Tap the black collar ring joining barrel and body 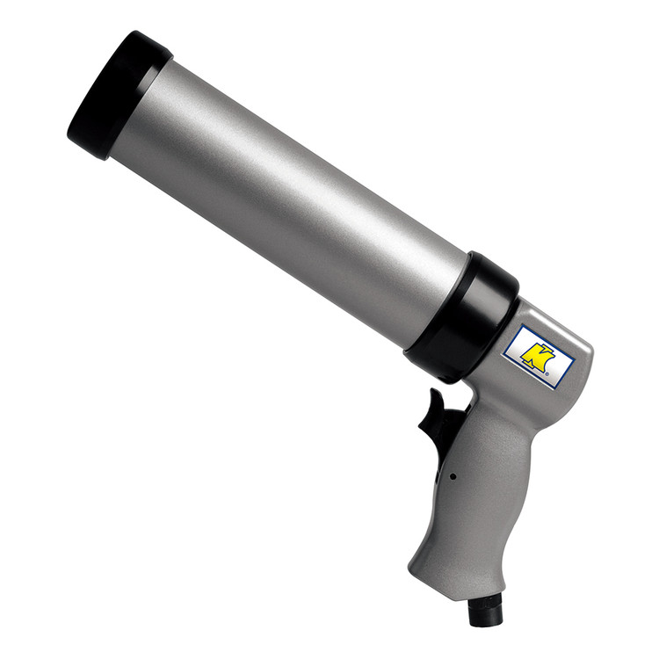[462, 316]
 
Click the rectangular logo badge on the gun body [539, 357]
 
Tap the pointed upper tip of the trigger [431, 390]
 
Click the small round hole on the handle [453, 476]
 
